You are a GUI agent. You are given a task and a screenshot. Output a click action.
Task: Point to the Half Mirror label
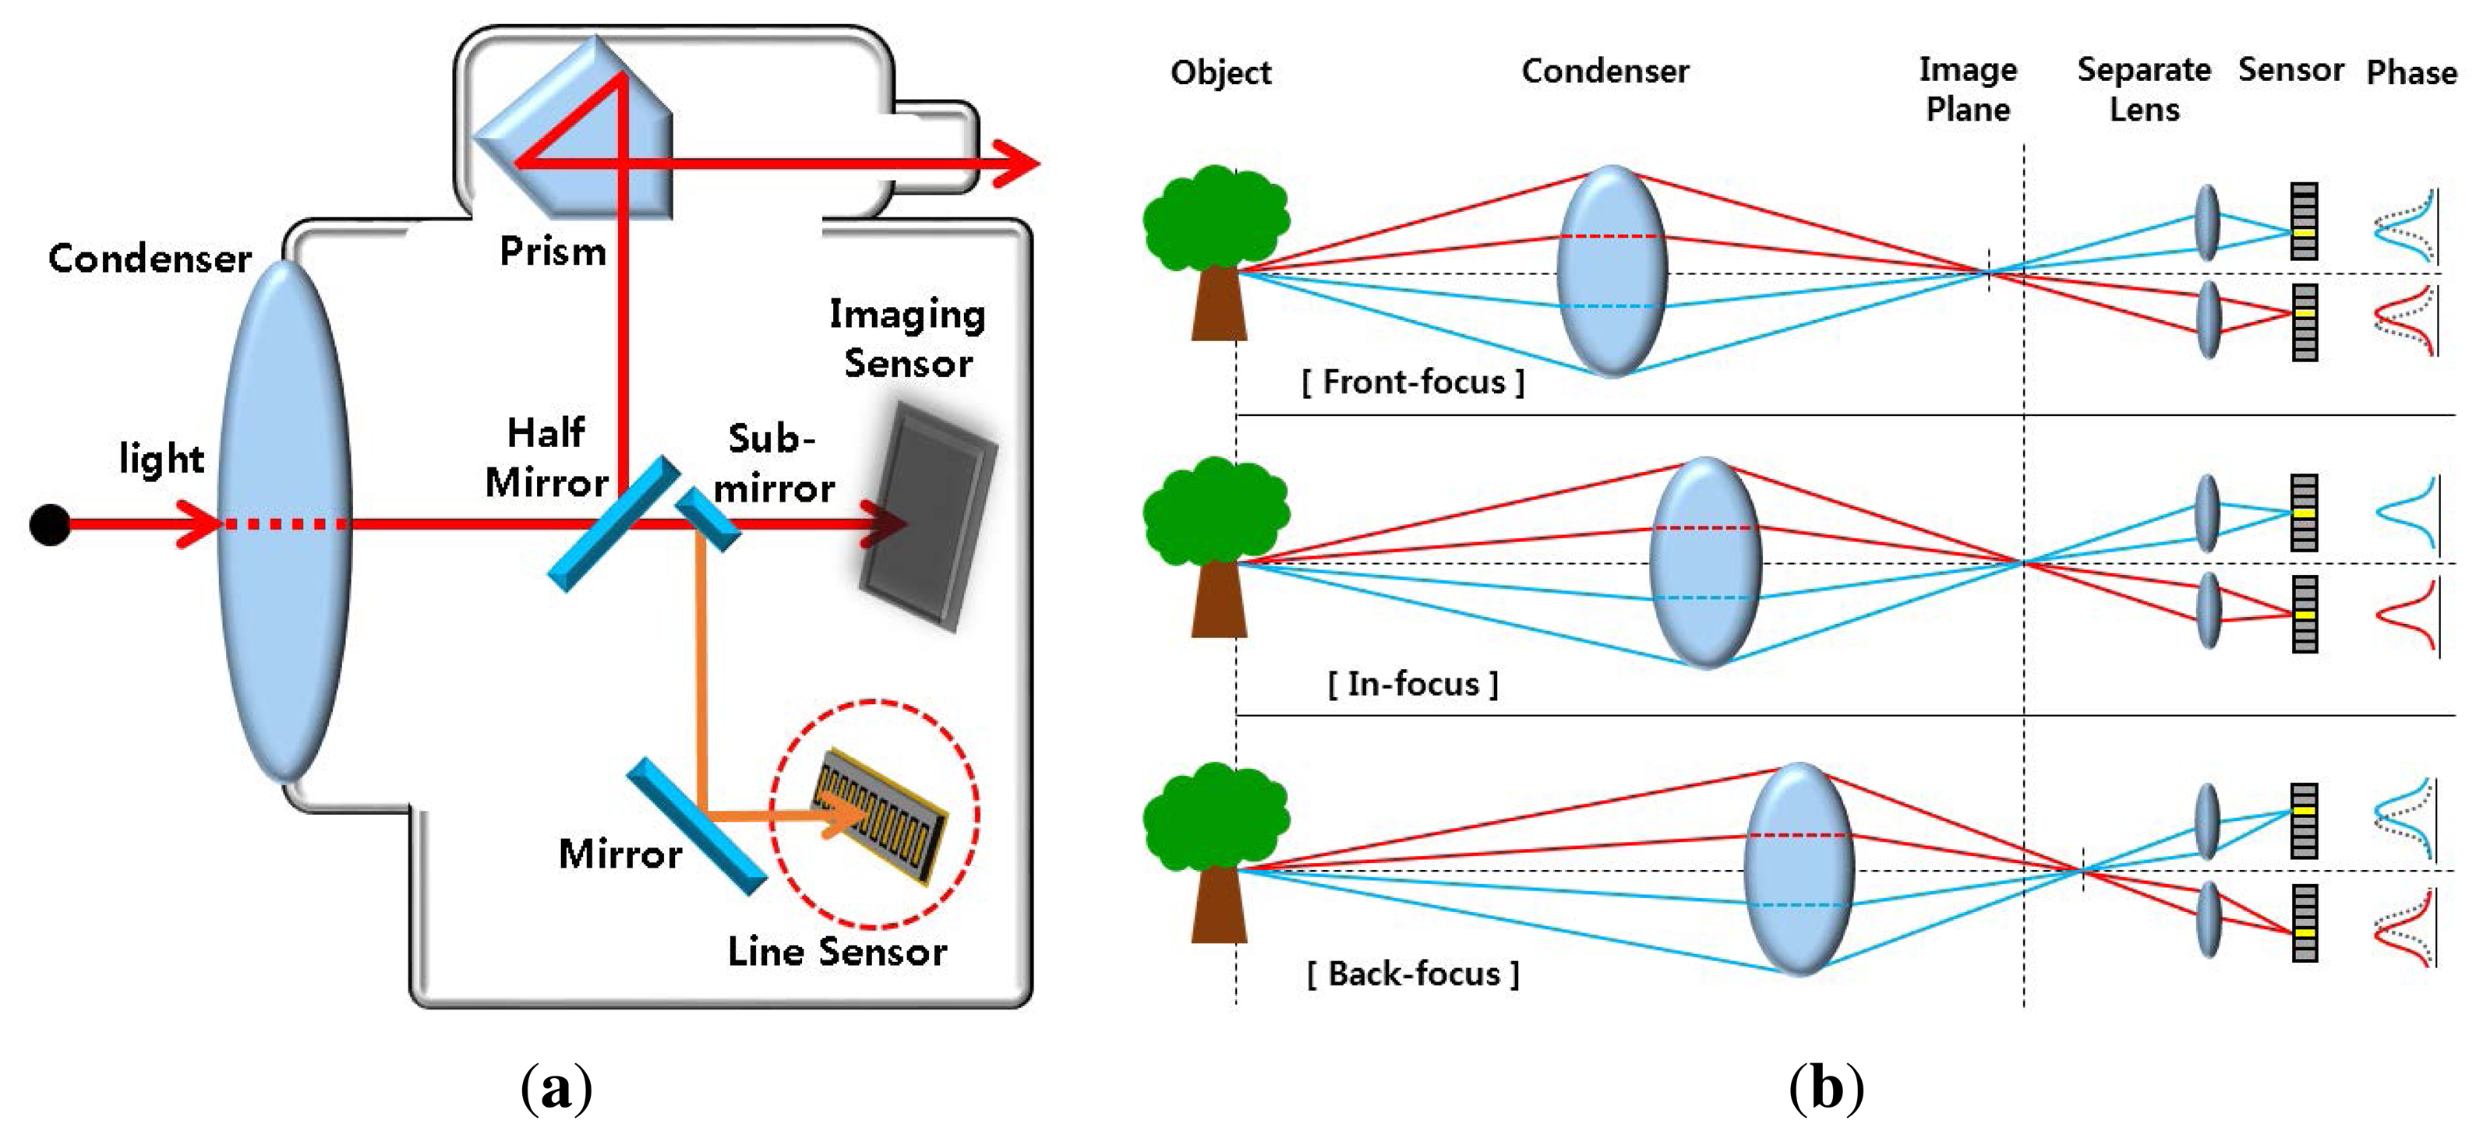547,457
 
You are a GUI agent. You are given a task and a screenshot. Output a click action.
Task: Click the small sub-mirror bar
707,518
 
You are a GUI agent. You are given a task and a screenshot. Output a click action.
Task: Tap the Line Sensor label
837,952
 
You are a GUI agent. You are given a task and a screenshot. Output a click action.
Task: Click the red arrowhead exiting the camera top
1015,162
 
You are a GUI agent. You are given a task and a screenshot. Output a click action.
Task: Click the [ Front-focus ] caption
1412,382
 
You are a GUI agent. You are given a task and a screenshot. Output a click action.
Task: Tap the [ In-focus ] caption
1412,684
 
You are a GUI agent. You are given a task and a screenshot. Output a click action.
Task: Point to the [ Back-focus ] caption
1412,974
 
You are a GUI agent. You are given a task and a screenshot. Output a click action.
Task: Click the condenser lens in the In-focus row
1705,562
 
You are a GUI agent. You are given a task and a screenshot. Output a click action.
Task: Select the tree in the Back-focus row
1216,850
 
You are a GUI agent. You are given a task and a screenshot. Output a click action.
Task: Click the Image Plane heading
1968,89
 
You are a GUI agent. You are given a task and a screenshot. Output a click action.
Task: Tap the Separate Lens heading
2144,89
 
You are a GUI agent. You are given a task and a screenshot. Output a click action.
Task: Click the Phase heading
2411,72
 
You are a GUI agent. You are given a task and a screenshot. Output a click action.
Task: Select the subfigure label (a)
556,1089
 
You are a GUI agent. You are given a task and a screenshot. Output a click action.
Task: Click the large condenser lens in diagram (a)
284,522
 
